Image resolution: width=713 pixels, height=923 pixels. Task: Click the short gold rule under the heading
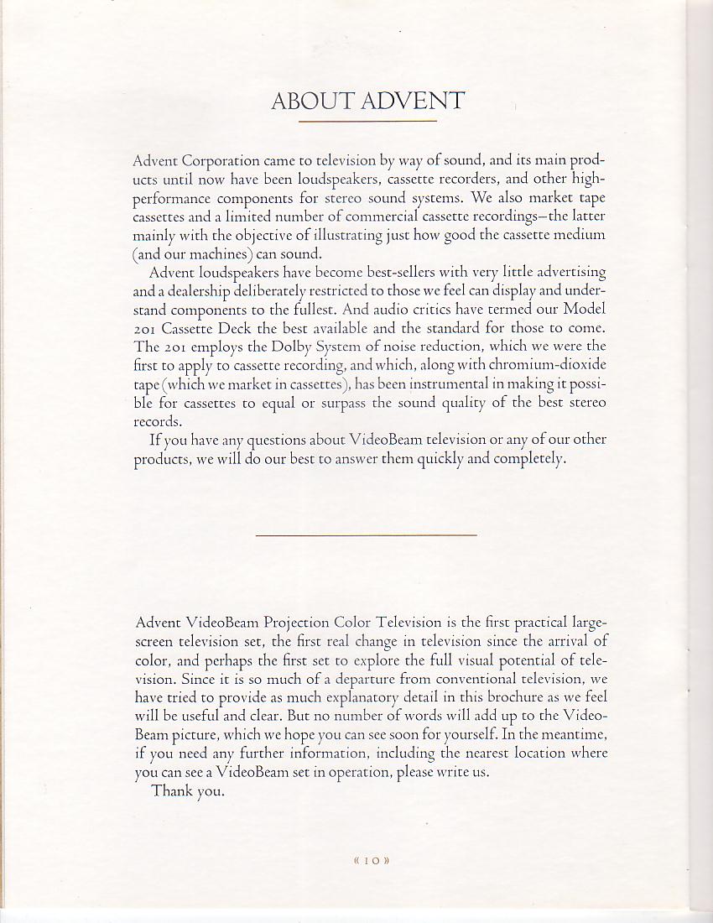point(367,122)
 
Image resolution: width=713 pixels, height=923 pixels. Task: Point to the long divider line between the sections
point(366,535)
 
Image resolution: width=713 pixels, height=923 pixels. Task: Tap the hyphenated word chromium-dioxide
point(547,365)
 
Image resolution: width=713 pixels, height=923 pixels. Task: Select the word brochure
point(455,697)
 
